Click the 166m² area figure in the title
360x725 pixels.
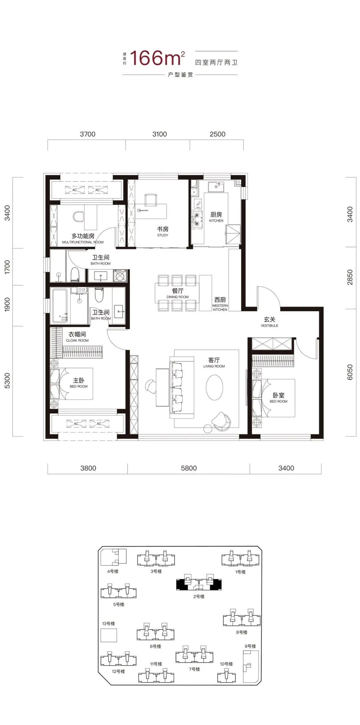coord(157,58)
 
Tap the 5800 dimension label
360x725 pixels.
coord(189,468)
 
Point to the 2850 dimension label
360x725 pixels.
coord(350,277)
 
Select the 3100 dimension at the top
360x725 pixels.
coord(160,134)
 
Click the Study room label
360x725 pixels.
coord(163,231)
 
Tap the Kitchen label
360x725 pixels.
coord(216,216)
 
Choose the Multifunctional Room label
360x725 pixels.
coord(83,238)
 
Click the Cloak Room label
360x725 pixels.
coord(77,336)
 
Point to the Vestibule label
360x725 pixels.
coord(269,322)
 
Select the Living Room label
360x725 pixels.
coord(214,362)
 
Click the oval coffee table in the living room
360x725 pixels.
coord(214,388)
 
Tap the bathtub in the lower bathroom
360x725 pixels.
coord(60,306)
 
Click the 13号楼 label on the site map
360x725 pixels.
coord(109,624)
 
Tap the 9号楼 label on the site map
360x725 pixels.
coord(250,646)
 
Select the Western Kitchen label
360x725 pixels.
coord(220,304)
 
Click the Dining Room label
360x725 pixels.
coord(178,293)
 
